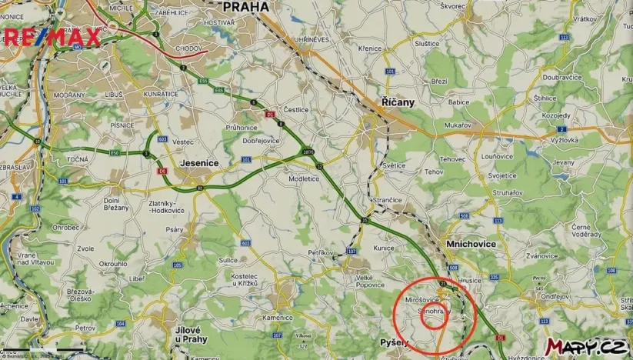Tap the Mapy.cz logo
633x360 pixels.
[585, 347]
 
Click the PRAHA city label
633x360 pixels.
[245, 7]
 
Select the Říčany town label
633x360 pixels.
[398, 102]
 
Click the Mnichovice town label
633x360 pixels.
[470, 244]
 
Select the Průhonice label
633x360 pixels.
[242, 127]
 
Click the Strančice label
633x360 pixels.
[387, 200]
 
